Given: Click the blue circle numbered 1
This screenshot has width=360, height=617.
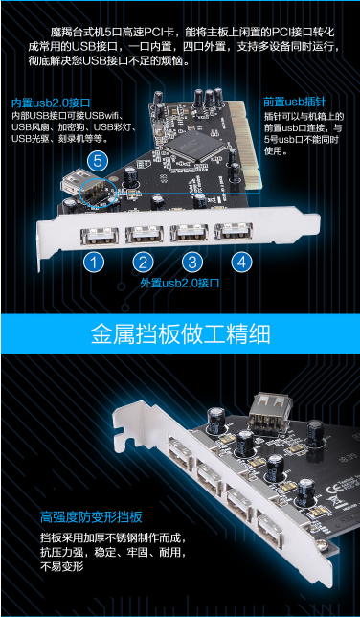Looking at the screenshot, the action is [94, 263].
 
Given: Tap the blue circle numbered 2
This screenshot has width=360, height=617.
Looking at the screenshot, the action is [143, 263].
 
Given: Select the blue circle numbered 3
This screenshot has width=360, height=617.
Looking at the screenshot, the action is [192, 263].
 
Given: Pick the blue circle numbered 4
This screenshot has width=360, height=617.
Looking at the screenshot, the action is [241, 263].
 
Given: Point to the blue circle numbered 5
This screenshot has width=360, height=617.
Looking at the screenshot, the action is [98, 161].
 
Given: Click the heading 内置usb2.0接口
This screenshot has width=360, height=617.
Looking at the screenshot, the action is [51, 103].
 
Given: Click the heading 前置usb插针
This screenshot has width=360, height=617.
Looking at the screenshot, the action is [295, 103].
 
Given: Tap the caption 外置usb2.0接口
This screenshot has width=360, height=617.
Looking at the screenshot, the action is [180, 283].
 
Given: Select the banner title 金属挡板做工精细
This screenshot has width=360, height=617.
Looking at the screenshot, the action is [181, 334].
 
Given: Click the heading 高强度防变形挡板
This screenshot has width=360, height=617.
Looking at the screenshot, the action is [91, 516].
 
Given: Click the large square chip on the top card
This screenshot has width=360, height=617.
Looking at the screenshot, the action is [194, 146].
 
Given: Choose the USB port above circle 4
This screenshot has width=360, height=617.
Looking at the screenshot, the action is [234, 233].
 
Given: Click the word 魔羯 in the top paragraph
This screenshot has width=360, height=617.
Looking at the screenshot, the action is [59, 32].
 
